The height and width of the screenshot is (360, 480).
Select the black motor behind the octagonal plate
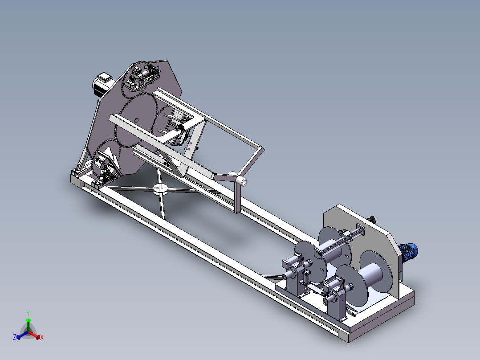click(102, 85)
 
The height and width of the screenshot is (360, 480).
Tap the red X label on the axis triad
click(42, 337)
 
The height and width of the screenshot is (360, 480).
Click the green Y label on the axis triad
click(28, 313)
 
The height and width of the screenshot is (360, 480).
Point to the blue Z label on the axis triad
click(15, 337)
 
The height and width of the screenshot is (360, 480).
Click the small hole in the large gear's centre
click(137, 119)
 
